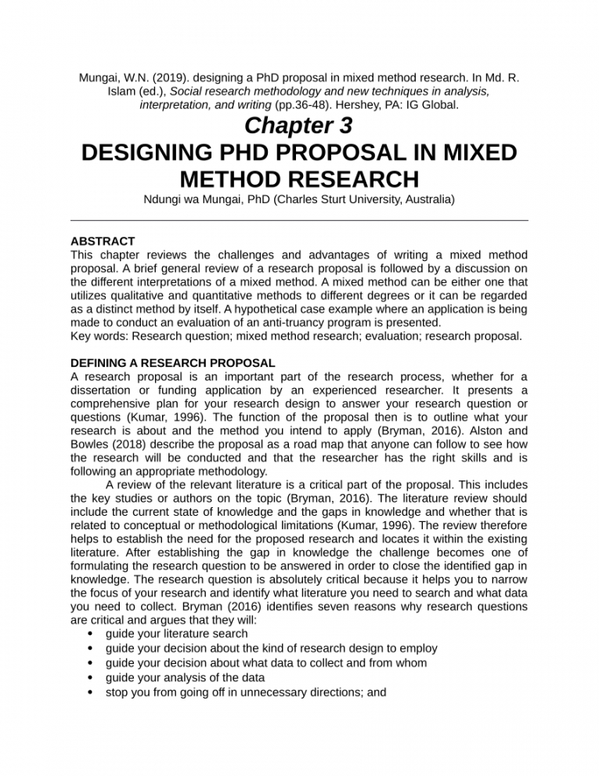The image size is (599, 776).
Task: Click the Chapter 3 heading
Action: tap(298, 125)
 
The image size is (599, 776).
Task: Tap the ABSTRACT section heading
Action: tap(103, 241)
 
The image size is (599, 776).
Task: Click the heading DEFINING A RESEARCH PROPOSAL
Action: tap(172, 364)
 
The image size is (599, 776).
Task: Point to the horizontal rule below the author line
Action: tap(299, 221)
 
